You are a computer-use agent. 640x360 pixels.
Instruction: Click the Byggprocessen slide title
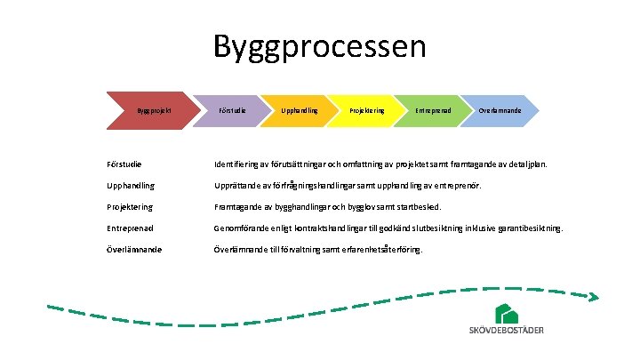click(x=320, y=47)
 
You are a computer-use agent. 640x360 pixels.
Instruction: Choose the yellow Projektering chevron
click(x=365, y=110)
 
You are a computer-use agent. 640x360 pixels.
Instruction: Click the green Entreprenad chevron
click(x=433, y=110)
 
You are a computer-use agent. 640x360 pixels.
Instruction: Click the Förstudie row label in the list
click(x=120, y=164)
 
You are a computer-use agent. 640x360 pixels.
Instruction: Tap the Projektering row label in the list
click(x=126, y=207)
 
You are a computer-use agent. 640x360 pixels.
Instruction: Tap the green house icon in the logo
click(x=507, y=314)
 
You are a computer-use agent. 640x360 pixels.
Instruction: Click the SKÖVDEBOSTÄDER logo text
click(x=507, y=332)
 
